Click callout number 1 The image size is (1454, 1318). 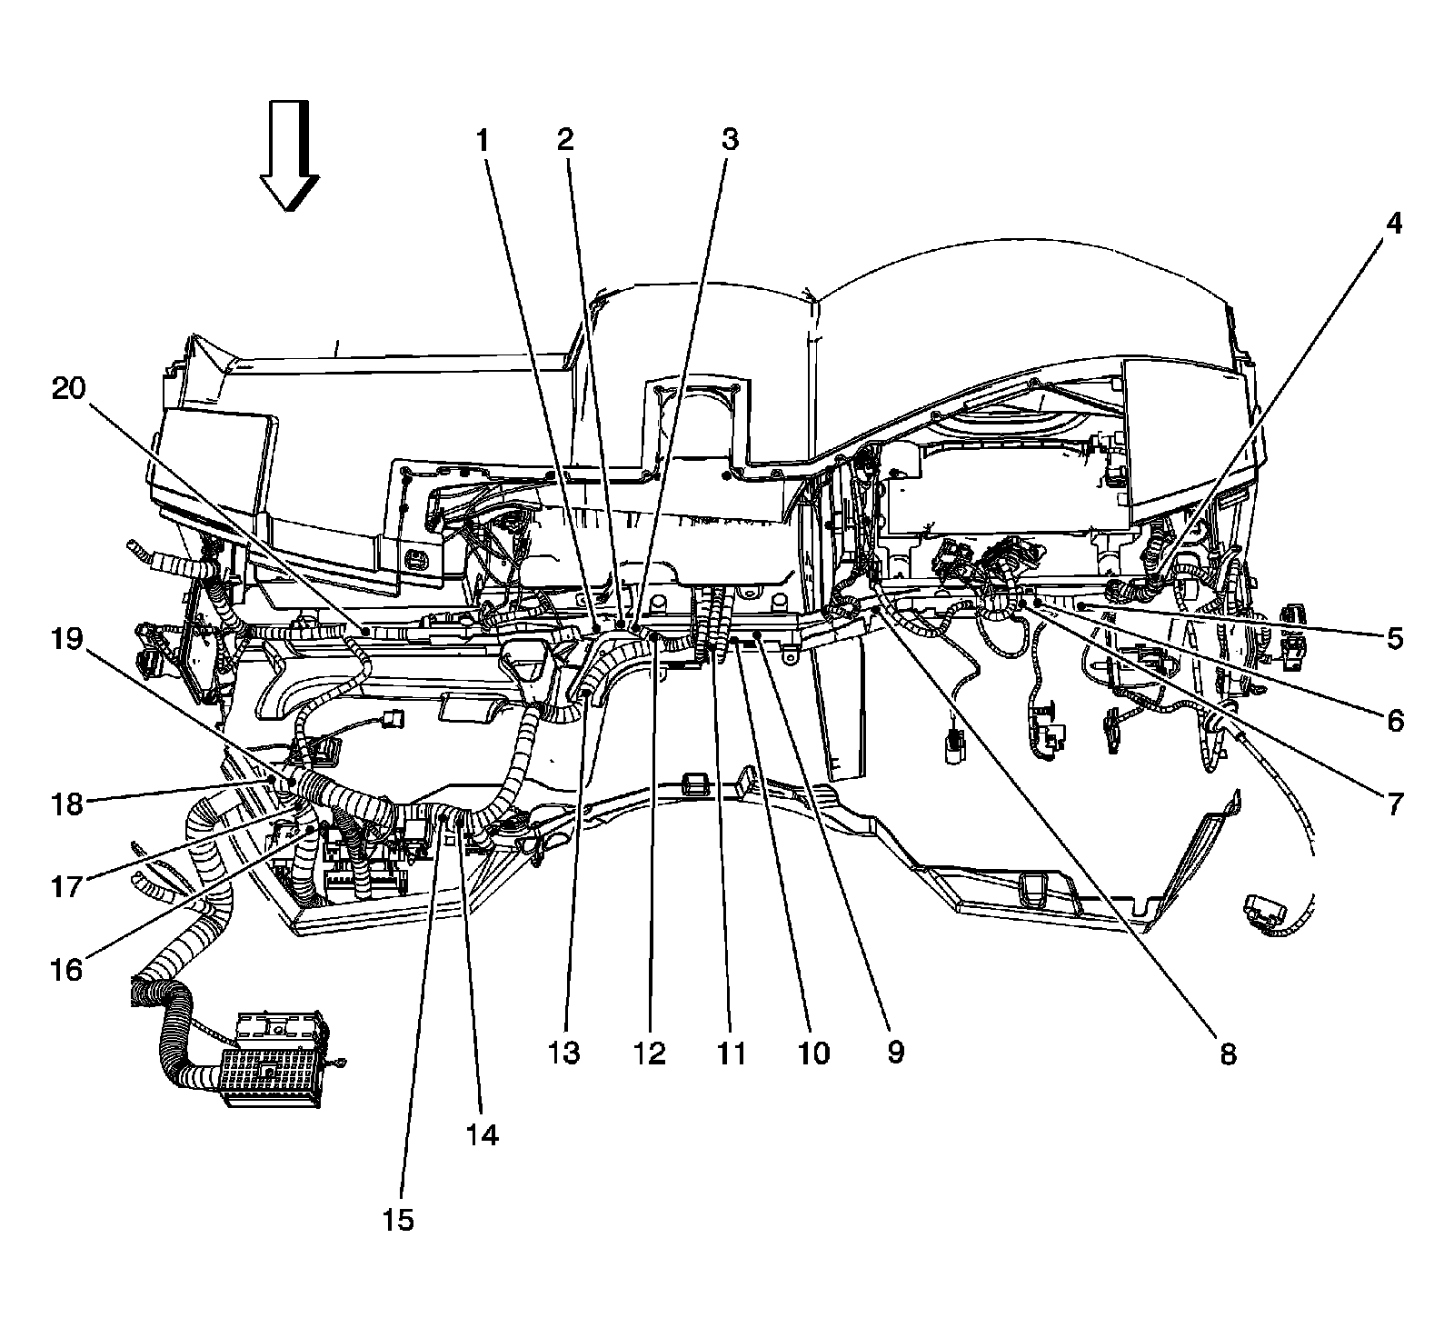483,140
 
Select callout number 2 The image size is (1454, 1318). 565,140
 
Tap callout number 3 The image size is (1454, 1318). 730,140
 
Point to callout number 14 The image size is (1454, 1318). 483,1135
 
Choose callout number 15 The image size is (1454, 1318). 398,1219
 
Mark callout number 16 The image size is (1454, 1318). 66,970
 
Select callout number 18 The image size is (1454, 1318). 66,804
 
